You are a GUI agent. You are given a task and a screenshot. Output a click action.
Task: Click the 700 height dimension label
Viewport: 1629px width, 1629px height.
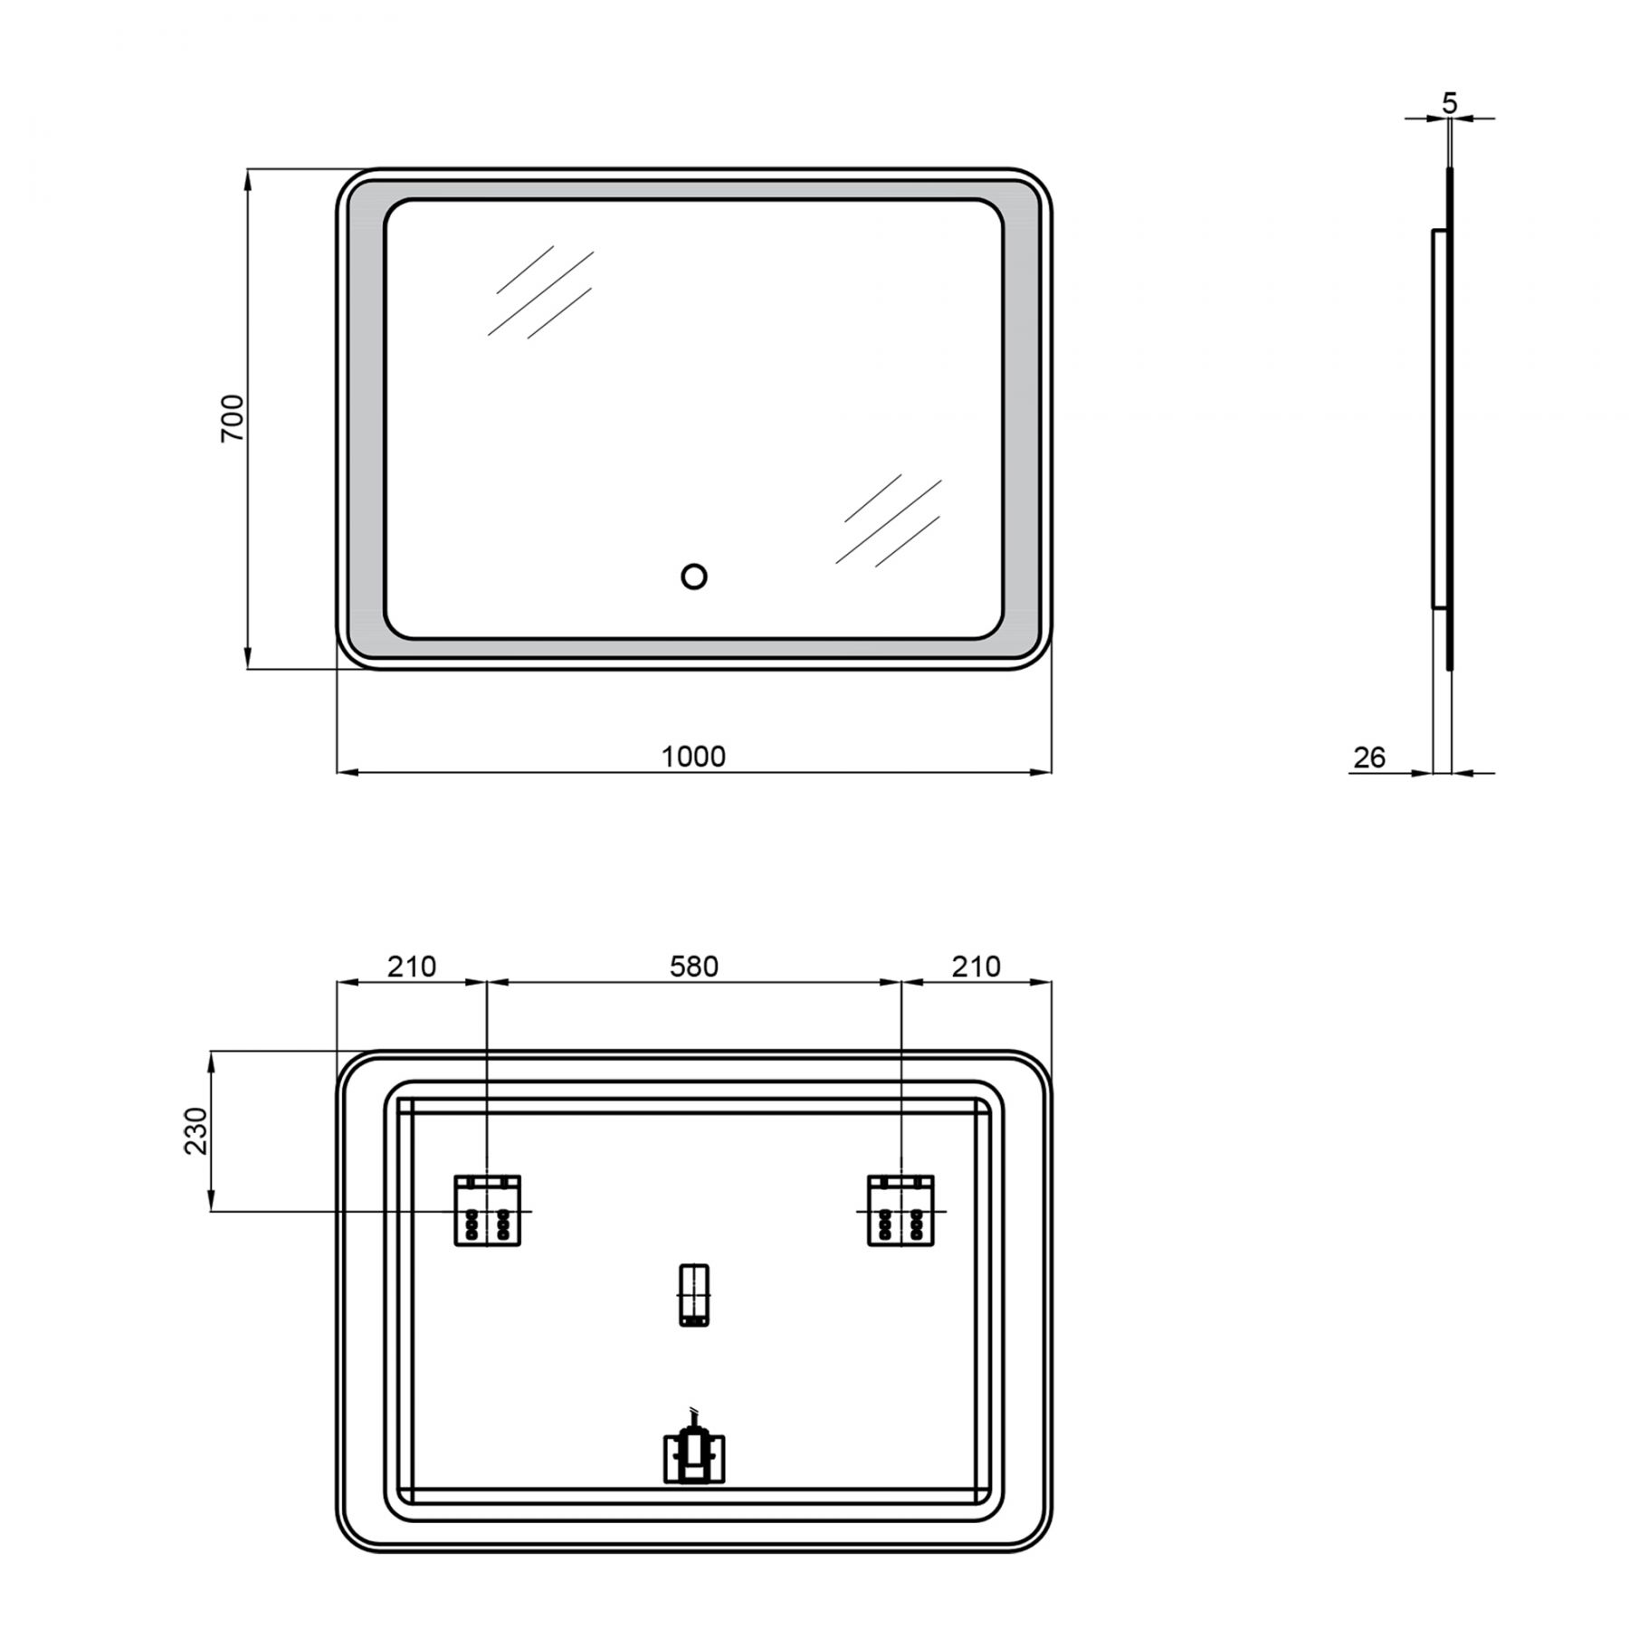(233, 417)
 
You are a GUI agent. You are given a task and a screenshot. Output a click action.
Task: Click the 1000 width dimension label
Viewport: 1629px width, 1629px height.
(693, 757)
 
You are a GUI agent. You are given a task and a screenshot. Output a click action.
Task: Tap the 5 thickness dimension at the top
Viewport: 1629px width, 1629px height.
(1450, 104)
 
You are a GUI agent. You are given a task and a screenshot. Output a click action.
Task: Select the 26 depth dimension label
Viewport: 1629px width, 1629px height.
(1369, 757)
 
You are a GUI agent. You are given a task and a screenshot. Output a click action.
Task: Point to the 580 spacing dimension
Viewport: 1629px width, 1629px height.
(694, 967)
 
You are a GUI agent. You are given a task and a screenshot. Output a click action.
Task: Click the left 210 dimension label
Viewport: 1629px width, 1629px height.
(412, 967)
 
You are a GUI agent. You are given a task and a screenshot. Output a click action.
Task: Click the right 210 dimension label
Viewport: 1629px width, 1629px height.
(976, 967)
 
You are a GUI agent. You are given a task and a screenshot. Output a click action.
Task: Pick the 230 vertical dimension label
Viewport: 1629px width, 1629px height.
(196, 1130)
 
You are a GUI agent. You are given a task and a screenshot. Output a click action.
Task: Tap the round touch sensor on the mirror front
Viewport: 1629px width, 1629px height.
(694, 576)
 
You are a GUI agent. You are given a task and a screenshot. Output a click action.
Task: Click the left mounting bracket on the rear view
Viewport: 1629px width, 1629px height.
(488, 1210)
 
